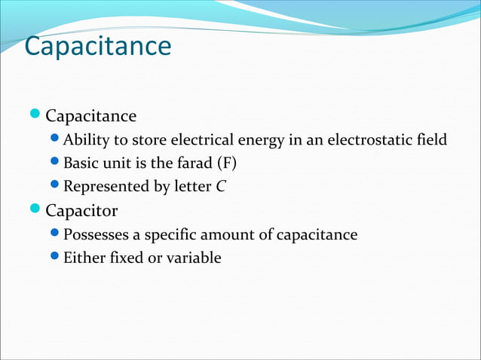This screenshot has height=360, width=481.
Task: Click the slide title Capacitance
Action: pyautogui.click(x=98, y=46)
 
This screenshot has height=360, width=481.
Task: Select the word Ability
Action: pyautogui.click(x=84, y=139)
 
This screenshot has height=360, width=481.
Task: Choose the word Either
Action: pyautogui.click(x=83, y=258)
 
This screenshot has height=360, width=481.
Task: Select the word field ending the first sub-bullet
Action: pyautogui.click(x=431, y=139)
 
